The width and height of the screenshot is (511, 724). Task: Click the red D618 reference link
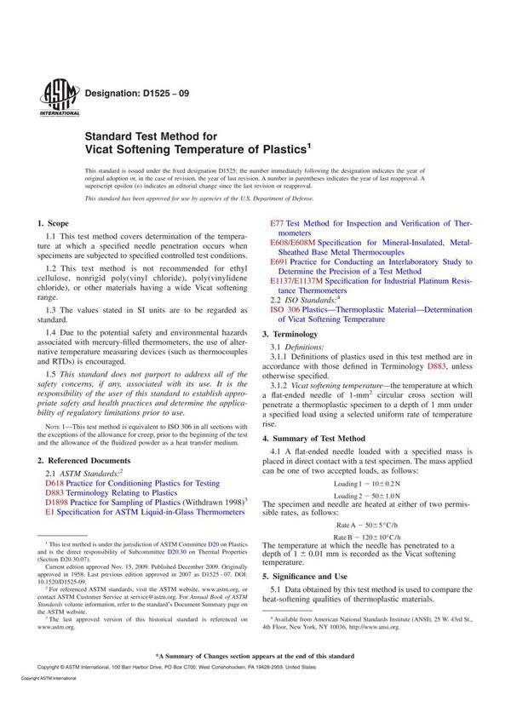tap(55, 482)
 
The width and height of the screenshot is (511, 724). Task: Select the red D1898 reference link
tap(58, 503)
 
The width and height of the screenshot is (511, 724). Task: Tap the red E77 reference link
tap(278, 223)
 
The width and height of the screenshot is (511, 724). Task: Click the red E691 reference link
tap(279, 262)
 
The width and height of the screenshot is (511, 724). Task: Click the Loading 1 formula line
tap(367, 483)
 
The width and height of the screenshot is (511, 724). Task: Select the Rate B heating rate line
tap(367, 537)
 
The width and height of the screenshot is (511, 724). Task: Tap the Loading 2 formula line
tap(367, 496)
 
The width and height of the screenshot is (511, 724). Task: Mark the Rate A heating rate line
tap(367, 525)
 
